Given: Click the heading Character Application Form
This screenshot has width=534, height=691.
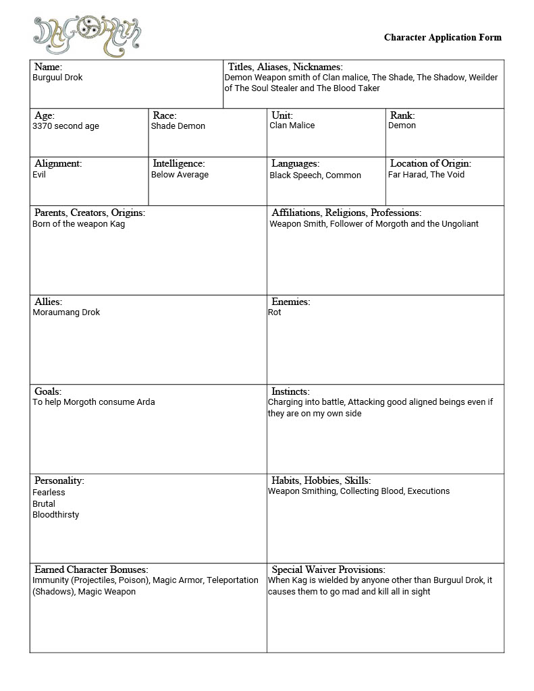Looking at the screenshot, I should click(x=443, y=37).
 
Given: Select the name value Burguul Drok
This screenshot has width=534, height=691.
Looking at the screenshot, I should click(x=57, y=78).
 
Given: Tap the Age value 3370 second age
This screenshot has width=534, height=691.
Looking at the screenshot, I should click(x=65, y=126).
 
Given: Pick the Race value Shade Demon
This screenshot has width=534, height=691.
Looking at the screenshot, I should click(x=178, y=126).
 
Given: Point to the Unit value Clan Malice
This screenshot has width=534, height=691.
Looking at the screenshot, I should click(x=292, y=126).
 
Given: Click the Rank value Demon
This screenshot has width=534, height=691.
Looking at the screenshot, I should click(x=402, y=126).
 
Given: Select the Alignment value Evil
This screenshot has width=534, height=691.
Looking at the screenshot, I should click(x=39, y=175).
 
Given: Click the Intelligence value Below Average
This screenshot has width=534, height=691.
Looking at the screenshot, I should click(x=180, y=175).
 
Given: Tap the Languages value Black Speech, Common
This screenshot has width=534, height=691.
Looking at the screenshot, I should click(x=315, y=175).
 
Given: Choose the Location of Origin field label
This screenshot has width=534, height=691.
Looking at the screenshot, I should click(x=431, y=163).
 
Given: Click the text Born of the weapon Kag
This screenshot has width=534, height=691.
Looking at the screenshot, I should click(x=78, y=224).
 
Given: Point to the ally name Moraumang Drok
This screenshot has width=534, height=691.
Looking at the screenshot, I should click(x=66, y=312).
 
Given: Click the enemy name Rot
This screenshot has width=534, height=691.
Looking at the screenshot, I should click(x=275, y=312).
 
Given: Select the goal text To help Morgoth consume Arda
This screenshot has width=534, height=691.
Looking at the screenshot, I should click(x=94, y=402).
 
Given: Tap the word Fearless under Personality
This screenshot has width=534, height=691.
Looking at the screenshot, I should click(x=49, y=493).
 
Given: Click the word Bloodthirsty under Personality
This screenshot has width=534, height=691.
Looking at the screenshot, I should click(x=55, y=515).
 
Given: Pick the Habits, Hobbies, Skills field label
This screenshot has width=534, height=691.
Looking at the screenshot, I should click(x=321, y=480).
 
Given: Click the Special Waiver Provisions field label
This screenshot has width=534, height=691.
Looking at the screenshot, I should click(x=328, y=570).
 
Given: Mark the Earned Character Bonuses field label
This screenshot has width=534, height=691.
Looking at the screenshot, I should click(x=91, y=570).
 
